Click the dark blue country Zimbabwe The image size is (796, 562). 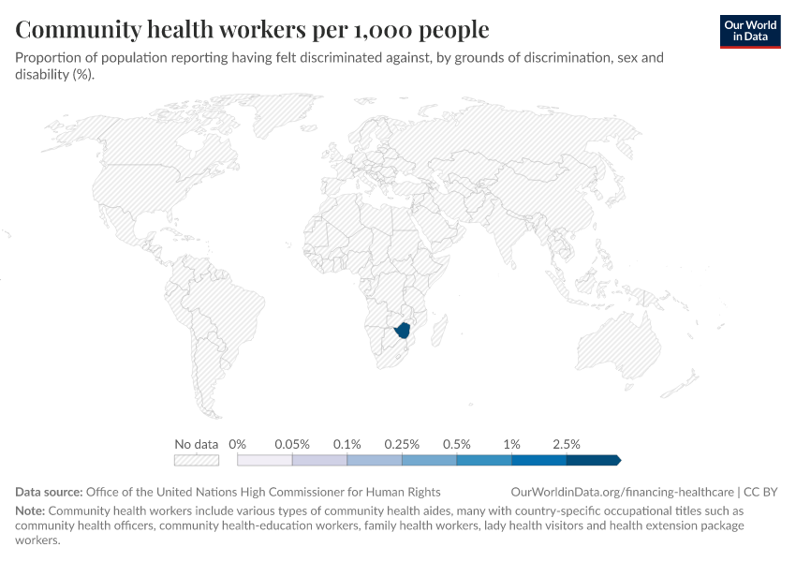[405, 330]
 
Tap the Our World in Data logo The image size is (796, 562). [750, 32]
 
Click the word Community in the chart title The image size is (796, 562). [78, 29]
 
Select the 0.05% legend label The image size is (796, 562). [292, 444]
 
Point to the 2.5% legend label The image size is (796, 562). [566, 444]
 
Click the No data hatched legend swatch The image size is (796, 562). [197, 460]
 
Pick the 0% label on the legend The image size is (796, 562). [237, 444]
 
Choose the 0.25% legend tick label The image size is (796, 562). [402, 444]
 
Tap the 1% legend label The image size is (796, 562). [511, 444]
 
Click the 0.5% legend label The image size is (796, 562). [456, 444]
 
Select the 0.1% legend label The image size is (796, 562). [346, 444]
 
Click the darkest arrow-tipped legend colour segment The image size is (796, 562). [594, 460]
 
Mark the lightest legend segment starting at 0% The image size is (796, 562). [264, 460]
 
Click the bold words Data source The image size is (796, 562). [49, 492]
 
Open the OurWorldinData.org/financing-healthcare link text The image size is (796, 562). [622, 492]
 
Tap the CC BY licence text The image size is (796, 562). [760, 492]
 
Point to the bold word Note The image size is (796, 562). [30, 510]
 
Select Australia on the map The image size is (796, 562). [619, 346]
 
